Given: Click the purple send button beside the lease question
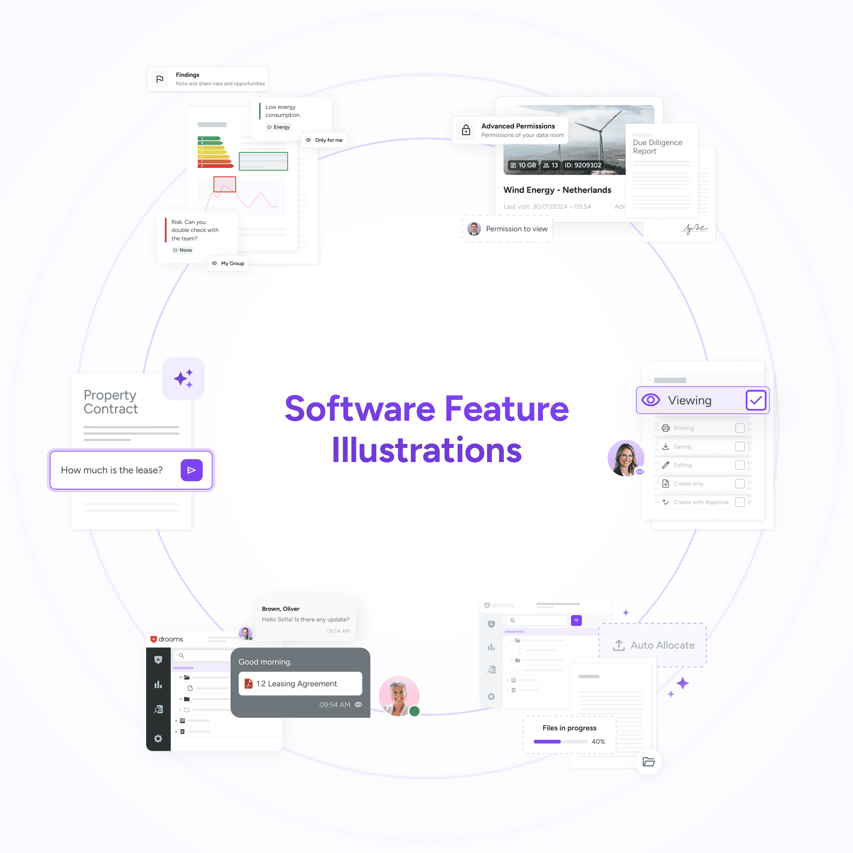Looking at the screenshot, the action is coord(191,470).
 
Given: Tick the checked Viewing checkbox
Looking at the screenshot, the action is coord(755,400).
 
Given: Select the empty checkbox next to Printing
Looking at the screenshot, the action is coord(740,428).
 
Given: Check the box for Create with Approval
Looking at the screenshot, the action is coord(740,502).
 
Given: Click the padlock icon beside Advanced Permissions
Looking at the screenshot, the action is coord(466,130).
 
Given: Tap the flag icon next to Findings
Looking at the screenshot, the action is coord(160,79).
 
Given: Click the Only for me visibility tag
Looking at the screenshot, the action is coord(324,140).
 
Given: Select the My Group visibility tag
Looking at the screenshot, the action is coord(228,263).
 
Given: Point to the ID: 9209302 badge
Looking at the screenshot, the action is coord(583,165).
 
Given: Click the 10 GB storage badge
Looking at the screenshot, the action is coord(523,165).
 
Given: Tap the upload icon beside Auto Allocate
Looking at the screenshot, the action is coord(619,645).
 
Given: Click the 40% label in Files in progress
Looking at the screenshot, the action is coord(598,741).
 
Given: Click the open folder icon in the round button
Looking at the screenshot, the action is coord(649,762).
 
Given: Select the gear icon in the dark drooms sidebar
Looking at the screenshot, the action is coord(158,738).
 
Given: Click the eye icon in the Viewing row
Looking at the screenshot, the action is coord(651,400).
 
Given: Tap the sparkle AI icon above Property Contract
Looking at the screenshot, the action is coord(183,379).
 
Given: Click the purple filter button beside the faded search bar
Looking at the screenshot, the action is coord(576,620).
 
